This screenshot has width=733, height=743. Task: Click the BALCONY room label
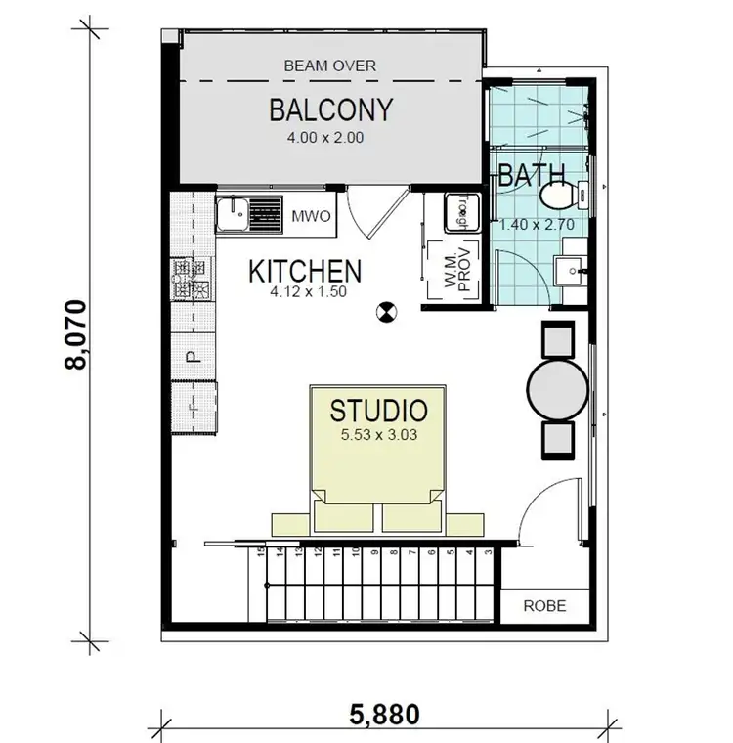(330, 109)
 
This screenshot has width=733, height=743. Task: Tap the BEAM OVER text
(329, 66)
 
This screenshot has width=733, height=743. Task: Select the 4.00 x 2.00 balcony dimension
(325, 138)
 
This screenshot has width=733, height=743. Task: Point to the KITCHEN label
(305, 271)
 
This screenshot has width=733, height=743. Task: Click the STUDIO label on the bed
(378, 410)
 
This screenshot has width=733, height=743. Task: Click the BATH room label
(533, 176)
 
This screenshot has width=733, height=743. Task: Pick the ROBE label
(544, 605)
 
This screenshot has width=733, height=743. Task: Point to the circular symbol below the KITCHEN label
(388, 313)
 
